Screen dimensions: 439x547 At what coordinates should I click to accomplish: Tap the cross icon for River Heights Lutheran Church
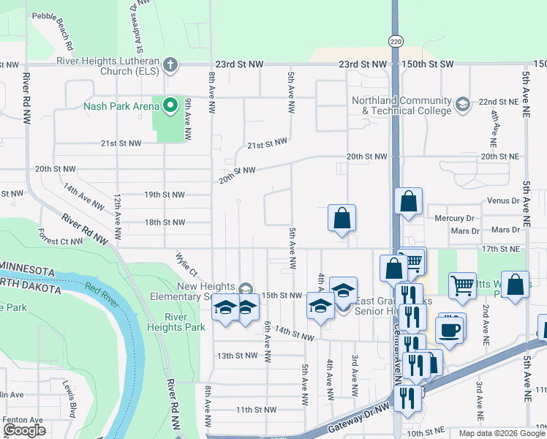coord(170,64)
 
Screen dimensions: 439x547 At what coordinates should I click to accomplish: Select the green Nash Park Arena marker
coord(170,106)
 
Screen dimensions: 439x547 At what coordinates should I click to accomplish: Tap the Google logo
coord(24,430)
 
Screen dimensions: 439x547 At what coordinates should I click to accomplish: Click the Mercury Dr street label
coord(453,218)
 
